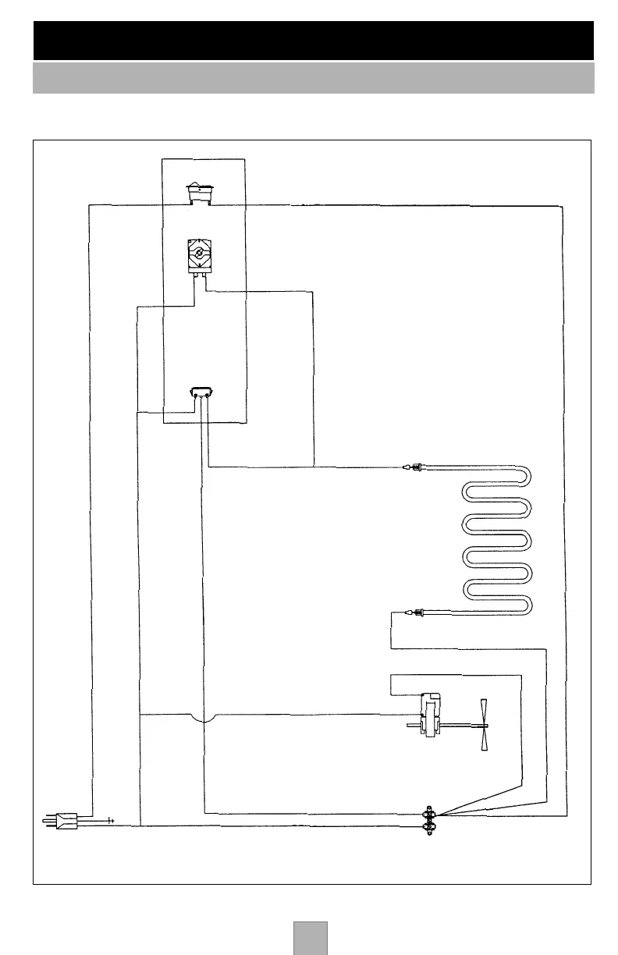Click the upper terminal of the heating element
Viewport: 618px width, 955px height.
(x=414, y=468)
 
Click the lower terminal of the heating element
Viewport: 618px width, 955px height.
(x=414, y=614)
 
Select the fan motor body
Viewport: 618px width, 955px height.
(x=430, y=714)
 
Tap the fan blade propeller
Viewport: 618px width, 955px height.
(x=485, y=725)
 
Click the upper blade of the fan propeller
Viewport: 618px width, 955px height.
(x=484, y=710)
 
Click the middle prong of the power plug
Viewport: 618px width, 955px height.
(x=48, y=820)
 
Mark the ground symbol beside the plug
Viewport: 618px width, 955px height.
(x=111, y=821)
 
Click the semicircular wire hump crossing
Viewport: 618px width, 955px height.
(x=203, y=716)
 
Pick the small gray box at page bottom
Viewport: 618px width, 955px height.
(x=310, y=938)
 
